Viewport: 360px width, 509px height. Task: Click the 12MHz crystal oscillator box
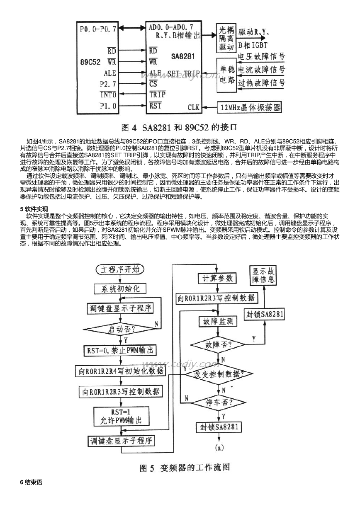[250, 107]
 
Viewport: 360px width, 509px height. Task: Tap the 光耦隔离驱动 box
[226, 38]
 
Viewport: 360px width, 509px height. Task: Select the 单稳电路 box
[226, 75]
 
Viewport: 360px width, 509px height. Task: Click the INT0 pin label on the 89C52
[108, 95]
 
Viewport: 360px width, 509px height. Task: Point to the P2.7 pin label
[108, 84]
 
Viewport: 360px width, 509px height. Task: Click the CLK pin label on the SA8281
[193, 107]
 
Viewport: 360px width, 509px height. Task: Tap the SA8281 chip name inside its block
[183, 56]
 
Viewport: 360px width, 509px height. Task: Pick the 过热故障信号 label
[262, 83]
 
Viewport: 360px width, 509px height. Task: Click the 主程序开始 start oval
[120, 270]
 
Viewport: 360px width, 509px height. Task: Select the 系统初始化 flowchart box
[120, 289]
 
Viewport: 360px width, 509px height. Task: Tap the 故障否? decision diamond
[218, 344]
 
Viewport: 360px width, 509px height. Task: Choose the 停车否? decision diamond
[218, 402]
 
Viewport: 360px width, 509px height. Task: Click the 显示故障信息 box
[263, 276]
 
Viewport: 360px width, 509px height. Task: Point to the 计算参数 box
[217, 278]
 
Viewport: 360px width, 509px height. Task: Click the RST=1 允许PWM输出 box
[121, 416]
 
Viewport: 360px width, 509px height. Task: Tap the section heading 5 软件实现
[34, 209]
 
